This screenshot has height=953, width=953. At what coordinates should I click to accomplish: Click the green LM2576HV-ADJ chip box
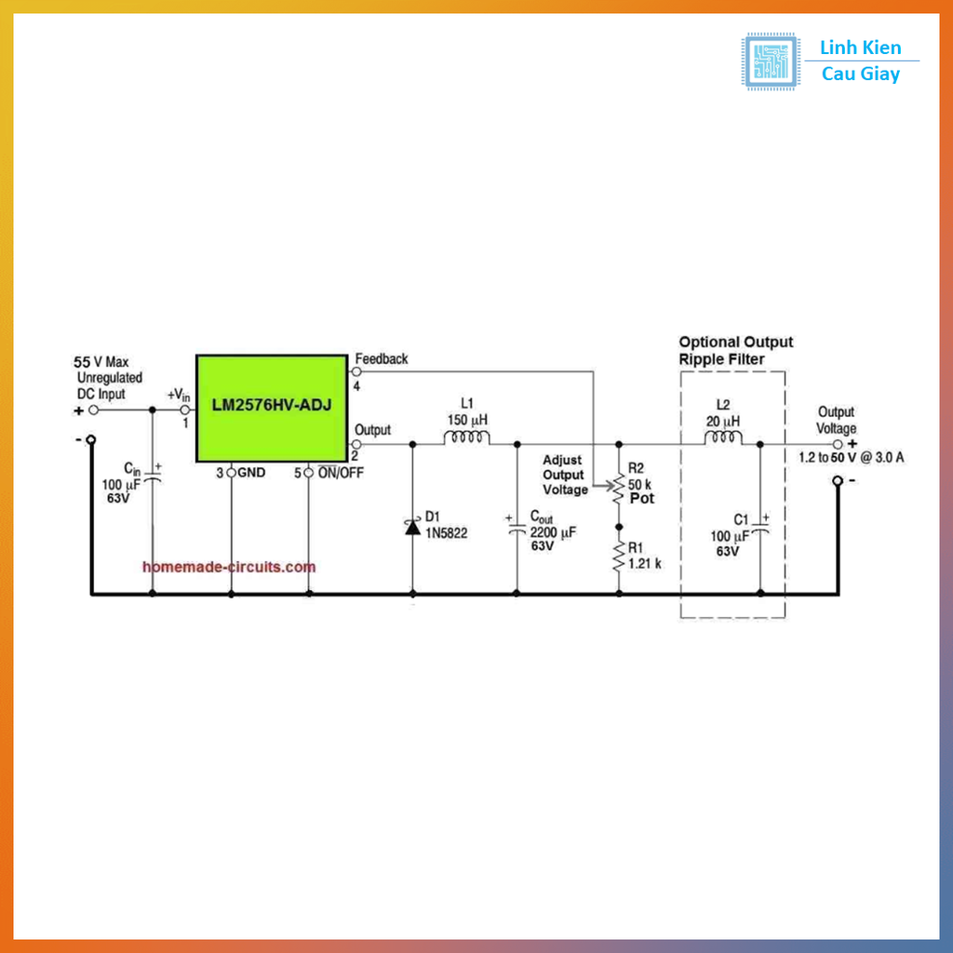tap(272, 409)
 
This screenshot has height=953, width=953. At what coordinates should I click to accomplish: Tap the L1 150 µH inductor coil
tap(467, 437)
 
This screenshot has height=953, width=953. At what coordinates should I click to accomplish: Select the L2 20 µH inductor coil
tap(722, 437)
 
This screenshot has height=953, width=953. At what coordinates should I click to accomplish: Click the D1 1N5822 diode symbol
tap(412, 527)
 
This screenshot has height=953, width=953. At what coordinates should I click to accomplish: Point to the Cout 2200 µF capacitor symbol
tap(517, 530)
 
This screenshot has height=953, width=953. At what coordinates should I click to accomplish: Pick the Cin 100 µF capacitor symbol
tap(153, 477)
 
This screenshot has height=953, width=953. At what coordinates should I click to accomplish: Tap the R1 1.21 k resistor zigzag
tap(619, 557)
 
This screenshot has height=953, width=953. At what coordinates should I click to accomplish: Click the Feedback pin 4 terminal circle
tap(356, 371)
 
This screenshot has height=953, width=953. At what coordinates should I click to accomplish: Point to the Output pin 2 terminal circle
tap(356, 444)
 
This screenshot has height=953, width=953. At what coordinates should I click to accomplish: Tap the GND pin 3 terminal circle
tap(231, 472)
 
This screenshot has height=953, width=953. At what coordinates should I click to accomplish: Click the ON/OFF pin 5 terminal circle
tap(309, 472)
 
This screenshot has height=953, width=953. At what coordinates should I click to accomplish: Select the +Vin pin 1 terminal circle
tap(185, 410)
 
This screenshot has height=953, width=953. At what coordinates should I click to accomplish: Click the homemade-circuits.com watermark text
tap(229, 567)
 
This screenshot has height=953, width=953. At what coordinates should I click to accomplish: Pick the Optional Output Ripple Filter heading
tap(736, 351)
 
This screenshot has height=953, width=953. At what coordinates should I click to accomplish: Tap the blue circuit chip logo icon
tap(770, 61)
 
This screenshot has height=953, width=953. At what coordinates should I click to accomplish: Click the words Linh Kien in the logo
tap(861, 47)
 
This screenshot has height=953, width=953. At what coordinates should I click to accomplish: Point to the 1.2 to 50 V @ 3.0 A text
tap(852, 458)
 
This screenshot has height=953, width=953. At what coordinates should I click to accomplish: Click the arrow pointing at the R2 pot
tap(603, 486)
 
